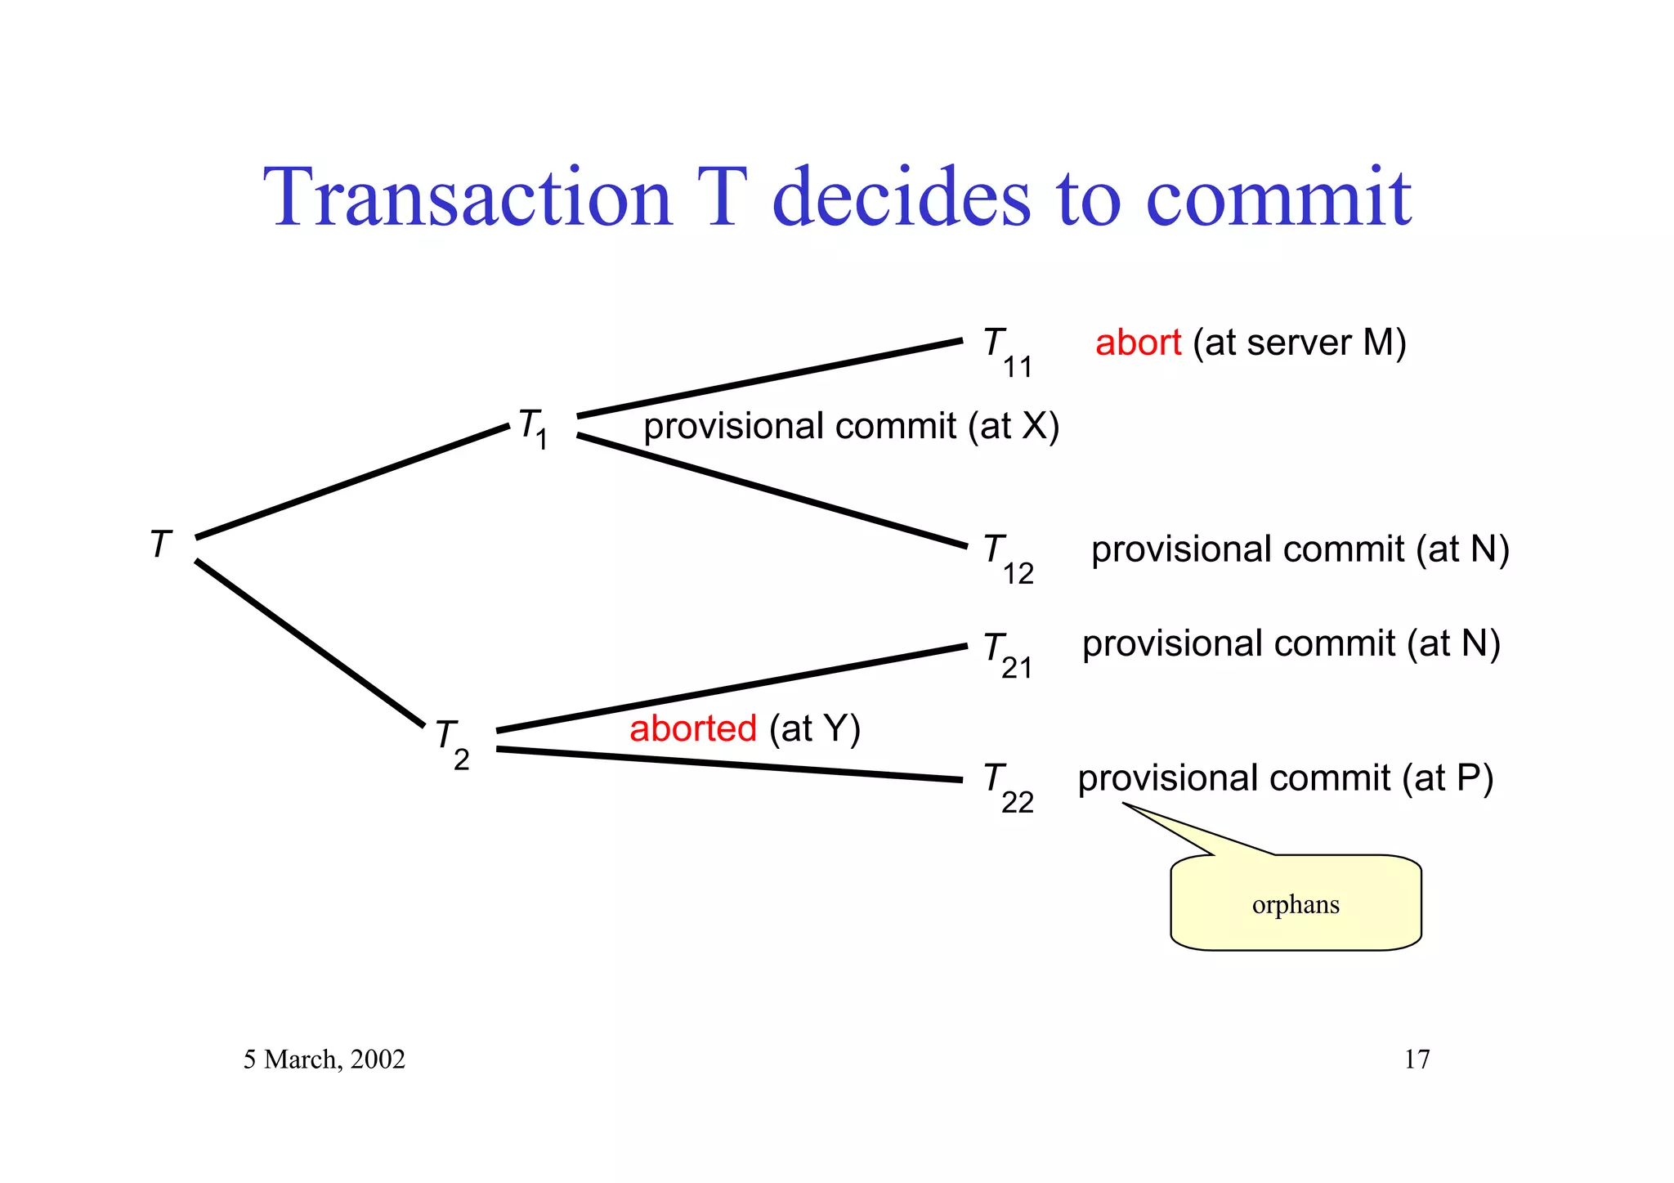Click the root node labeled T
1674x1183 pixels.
[x=161, y=544]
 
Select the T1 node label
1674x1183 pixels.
[x=533, y=428]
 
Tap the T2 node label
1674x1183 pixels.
[x=452, y=742]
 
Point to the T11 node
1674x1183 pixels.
[x=1007, y=352]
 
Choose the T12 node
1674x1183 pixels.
[x=1008, y=558]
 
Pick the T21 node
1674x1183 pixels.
[x=1007, y=654]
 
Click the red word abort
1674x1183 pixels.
[x=1138, y=343]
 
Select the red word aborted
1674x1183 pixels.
[x=692, y=728]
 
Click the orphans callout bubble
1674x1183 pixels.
[x=1296, y=903]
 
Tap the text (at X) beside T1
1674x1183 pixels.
[x=1014, y=427]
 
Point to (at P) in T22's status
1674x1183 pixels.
[x=1448, y=778]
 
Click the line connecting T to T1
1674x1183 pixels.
[x=351, y=482]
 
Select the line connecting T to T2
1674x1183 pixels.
[x=311, y=643]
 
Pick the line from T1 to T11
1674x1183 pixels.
[x=768, y=379]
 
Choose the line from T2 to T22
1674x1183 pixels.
[x=727, y=764]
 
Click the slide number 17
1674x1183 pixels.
[x=1417, y=1060]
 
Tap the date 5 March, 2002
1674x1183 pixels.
[x=324, y=1060]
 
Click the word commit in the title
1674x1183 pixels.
[x=1278, y=198]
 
